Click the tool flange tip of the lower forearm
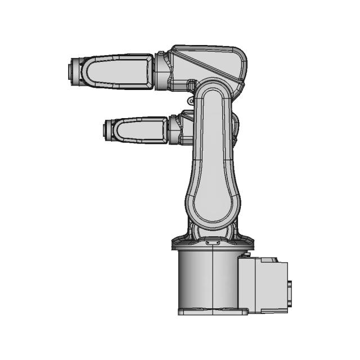[106, 130]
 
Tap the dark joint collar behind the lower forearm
[174, 130]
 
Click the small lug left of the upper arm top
[190, 100]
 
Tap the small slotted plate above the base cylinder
[213, 243]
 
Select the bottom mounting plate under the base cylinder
[213, 311]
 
